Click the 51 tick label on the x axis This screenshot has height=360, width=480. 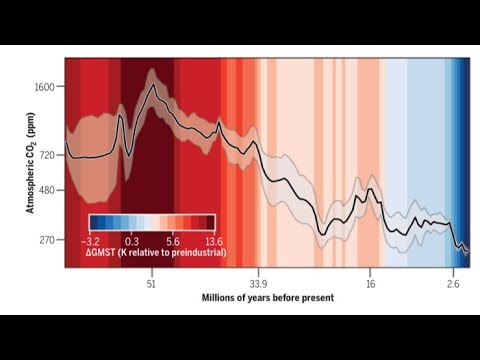[151, 284]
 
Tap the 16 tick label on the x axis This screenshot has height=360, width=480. [370, 284]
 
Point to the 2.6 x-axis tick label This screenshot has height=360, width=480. [453, 284]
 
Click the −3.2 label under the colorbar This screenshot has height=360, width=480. [94, 240]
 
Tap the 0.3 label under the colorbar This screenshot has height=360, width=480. [131, 240]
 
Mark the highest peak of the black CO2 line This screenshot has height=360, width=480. [153, 85]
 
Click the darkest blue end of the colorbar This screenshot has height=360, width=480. [91, 224]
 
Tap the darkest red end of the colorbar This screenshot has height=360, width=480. [212, 224]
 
